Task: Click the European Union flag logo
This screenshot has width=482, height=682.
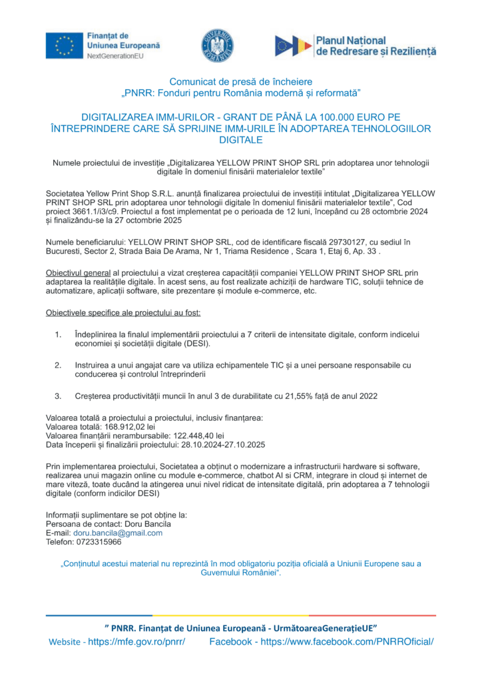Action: (65, 45)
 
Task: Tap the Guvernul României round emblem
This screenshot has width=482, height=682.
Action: (218, 46)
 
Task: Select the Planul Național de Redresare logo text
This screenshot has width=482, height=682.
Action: (375, 45)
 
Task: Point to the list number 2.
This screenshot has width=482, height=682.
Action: (58, 365)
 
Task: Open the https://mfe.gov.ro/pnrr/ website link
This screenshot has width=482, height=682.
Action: (136, 641)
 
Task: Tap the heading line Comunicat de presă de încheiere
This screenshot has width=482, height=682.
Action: (240, 81)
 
